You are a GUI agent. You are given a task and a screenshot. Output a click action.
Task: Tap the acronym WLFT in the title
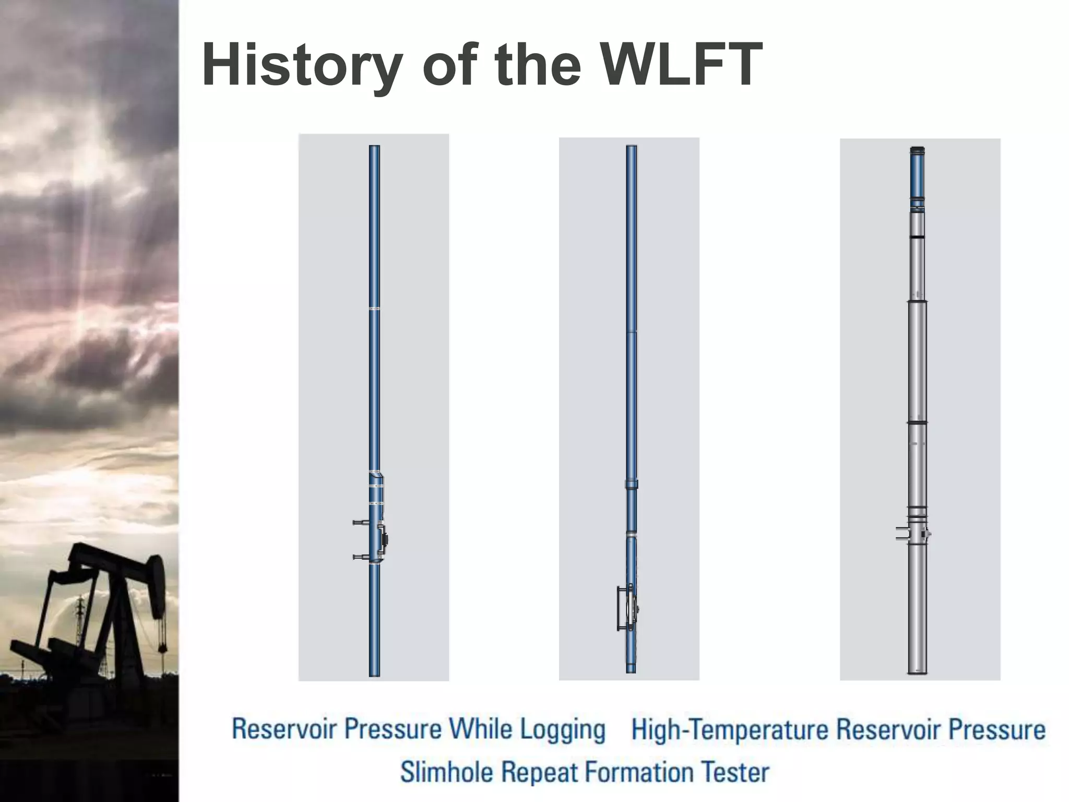pos(682,65)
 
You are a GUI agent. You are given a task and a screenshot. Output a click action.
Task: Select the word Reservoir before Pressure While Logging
pos(284,729)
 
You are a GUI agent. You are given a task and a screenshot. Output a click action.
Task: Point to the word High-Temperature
pos(729,729)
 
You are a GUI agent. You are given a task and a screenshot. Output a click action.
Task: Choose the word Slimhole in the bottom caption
pos(446,772)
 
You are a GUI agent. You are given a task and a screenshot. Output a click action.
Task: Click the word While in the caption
pos(481,729)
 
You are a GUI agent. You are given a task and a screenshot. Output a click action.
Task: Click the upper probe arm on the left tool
pos(361,522)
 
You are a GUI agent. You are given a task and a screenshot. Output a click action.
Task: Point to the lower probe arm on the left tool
pos(361,557)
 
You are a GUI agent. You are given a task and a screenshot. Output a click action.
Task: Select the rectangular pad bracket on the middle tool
pos(622,609)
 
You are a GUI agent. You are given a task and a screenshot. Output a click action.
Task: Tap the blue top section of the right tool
pos(917,175)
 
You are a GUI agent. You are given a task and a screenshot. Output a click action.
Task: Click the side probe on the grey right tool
pos(901,534)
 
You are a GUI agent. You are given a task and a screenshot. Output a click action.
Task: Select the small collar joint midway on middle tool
pos(632,484)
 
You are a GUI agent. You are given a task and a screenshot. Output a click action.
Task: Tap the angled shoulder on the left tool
pos(376,474)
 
